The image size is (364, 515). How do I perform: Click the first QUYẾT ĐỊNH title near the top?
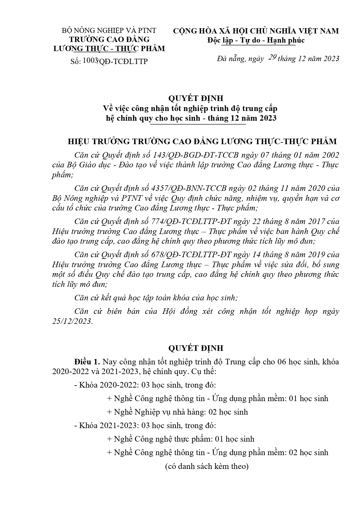point(196,98)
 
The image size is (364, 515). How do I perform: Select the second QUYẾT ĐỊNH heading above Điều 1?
point(196,348)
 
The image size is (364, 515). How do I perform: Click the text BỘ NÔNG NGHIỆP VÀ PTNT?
point(109,31)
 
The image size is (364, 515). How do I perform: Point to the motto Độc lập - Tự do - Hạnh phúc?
point(256,40)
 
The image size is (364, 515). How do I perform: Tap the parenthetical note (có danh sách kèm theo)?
point(207,466)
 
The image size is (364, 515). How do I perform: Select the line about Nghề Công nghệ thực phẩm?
point(181,439)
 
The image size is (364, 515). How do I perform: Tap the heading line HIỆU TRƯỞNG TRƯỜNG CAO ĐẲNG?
point(202,142)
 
